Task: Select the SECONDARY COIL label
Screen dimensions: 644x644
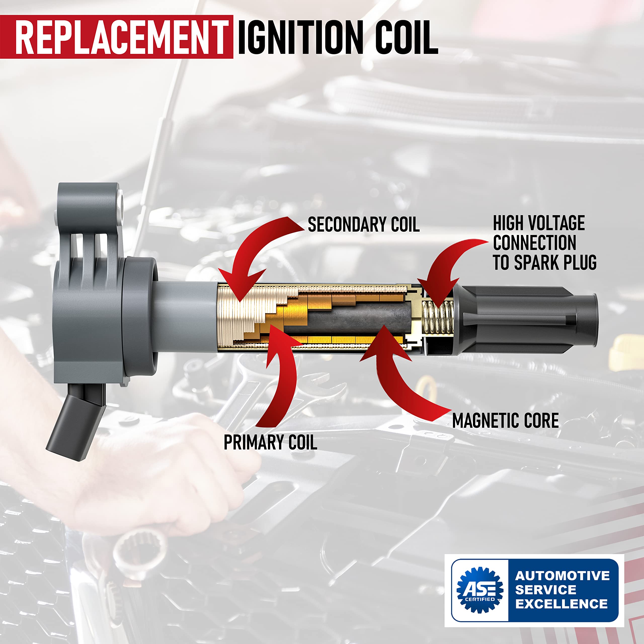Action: point(363,224)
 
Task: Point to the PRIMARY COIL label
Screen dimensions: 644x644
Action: point(270,442)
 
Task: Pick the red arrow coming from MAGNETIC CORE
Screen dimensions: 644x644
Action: point(400,377)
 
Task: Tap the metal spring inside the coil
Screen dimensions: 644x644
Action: point(438,317)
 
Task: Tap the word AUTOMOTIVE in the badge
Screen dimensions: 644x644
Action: point(562,576)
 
